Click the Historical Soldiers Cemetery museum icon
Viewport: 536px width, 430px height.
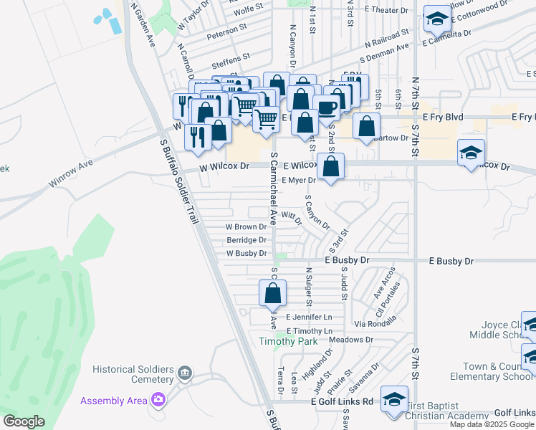click(185, 373)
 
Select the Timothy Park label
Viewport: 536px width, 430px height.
click(287, 342)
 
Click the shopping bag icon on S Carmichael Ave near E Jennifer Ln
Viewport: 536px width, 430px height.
click(272, 293)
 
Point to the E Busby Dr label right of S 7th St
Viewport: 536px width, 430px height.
click(451, 261)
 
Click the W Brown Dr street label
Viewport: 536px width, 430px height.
click(246, 226)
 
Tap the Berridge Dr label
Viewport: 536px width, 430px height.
click(247, 240)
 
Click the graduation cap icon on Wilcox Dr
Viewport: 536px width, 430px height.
click(471, 153)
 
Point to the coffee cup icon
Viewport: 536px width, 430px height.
click(327, 107)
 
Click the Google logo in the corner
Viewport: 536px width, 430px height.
click(24, 421)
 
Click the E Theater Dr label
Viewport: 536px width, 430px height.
click(386, 10)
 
